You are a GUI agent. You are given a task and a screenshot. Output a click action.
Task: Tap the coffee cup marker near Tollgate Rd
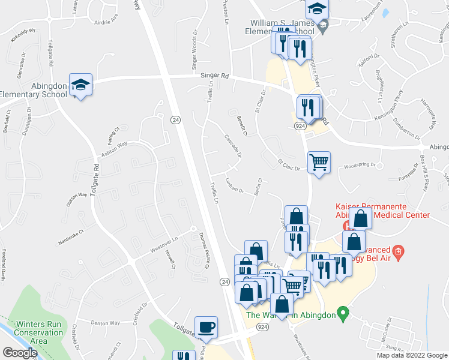(x=206, y=327)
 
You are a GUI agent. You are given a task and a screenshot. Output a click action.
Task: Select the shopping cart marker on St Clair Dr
(x=319, y=161)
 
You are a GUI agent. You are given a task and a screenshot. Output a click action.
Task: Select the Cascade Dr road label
(x=232, y=145)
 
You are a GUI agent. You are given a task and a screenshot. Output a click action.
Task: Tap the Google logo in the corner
(x=20, y=352)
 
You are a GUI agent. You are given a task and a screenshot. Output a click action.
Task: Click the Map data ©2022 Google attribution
(x=412, y=355)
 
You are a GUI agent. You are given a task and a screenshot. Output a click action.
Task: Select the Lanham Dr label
(x=234, y=188)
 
